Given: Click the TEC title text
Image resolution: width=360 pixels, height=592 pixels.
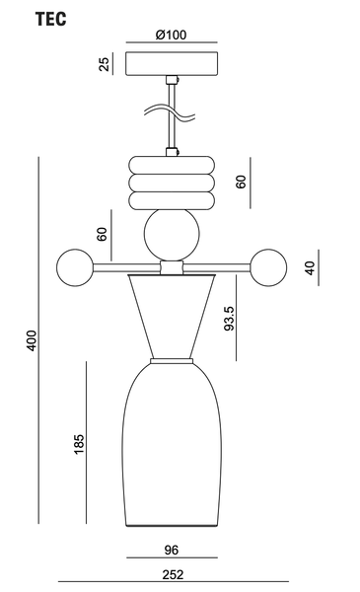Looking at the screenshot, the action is [x=51, y=19].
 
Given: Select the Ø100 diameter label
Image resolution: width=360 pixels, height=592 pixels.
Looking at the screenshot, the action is [x=171, y=35].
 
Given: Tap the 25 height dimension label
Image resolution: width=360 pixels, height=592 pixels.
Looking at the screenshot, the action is [x=105, y=64].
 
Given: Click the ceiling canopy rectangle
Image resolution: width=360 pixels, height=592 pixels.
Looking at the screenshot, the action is [x=172, y=63].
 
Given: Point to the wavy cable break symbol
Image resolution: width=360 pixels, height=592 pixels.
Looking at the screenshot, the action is [x=170, y=112].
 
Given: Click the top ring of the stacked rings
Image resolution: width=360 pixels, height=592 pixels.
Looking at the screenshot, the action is [x=172, y=165].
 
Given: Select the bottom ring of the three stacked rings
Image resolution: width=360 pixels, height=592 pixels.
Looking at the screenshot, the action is [x=172, y=201].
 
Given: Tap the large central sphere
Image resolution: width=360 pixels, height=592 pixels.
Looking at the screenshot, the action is [x=172, y=234].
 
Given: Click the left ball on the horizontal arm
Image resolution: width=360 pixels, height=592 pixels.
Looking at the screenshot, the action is [x=75, y=267].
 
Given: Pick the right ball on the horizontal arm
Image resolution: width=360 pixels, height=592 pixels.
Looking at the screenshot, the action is [x=268, y=267].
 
